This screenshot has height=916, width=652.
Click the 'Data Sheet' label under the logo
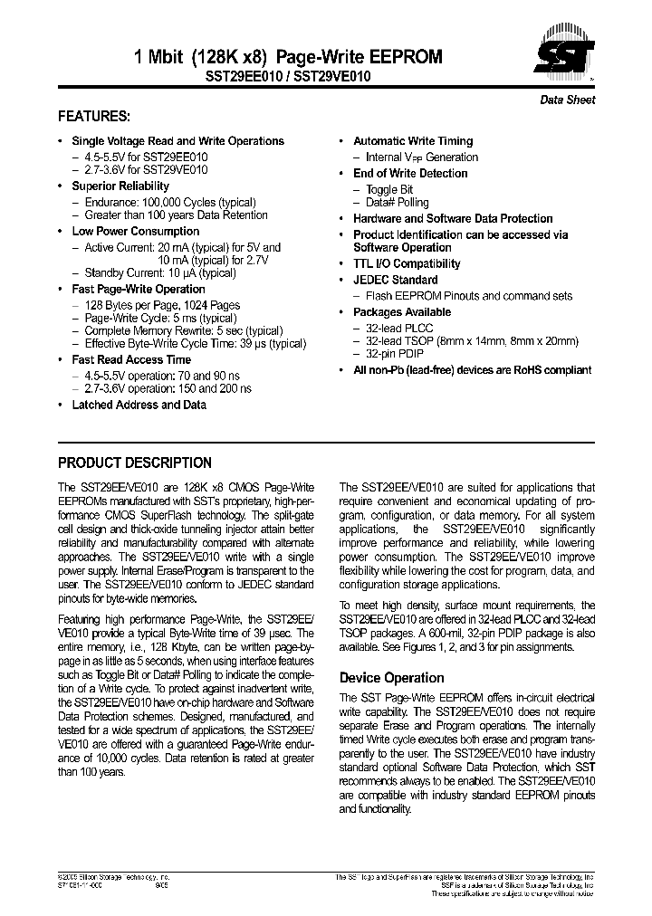(568, 100)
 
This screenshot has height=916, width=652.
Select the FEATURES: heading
(94, 117)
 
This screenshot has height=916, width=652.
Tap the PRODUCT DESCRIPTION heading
(135, 463)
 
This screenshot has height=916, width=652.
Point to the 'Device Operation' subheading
(391, 678)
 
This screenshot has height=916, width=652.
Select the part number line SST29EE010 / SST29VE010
(288, 78)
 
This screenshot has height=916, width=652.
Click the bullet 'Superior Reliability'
(120, 186)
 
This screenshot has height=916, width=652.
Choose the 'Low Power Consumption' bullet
(135, 232)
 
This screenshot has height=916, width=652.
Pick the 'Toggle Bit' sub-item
(389, 190)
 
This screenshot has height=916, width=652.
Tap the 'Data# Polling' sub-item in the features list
(397, 203)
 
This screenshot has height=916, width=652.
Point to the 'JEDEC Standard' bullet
(395, 281)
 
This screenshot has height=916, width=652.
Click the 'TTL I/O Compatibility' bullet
(407, 264)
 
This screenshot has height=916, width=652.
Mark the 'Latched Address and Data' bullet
(139, 406)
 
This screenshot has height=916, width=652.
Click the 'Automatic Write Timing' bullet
(413, 141)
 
